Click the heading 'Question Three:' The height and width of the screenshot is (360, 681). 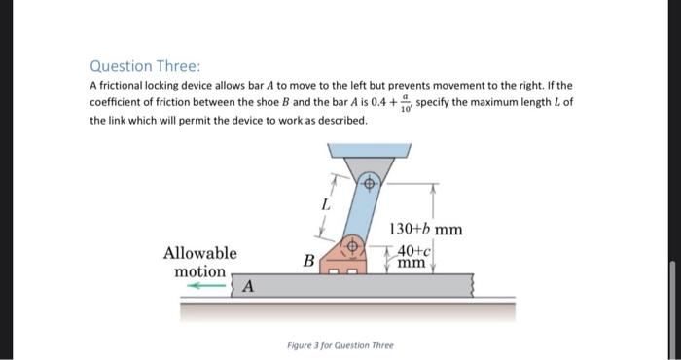[x=145, y=66]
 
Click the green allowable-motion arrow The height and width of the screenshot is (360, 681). [x=206, y=286]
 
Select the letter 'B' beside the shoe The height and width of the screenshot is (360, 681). [x=307, y=260]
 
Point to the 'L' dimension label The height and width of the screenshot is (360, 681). [x=327, y=205]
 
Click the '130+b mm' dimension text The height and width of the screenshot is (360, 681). [x=425, y=230]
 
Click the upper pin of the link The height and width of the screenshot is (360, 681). [x=370, y=183]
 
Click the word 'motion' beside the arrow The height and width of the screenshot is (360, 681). [x=200, y=271]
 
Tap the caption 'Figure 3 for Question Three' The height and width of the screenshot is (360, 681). [x=340, y=345]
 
